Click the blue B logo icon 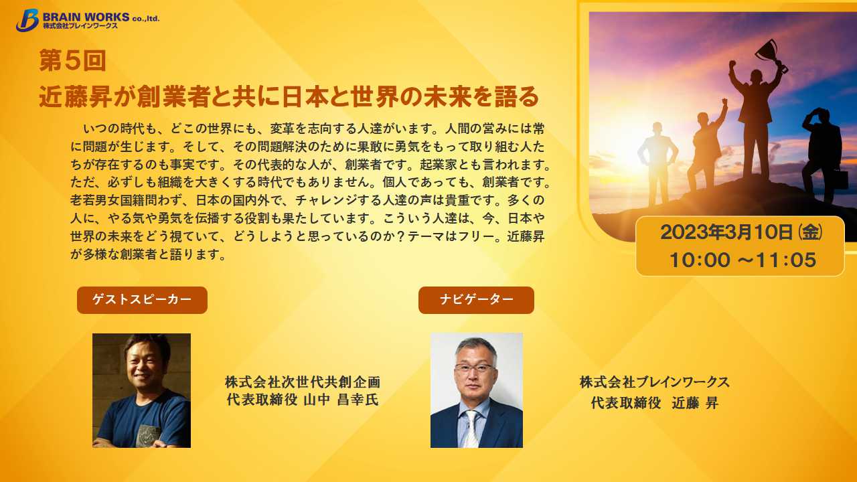27,20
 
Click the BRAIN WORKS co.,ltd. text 101,17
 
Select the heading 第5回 72,60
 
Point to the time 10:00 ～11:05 743,260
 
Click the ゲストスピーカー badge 143,301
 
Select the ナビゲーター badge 476,301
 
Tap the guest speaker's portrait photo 141,390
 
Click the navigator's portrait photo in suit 477,390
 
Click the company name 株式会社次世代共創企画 303,382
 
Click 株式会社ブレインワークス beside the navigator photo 655,382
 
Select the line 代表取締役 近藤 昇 655,403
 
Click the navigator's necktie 471,429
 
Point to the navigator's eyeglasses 475,368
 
